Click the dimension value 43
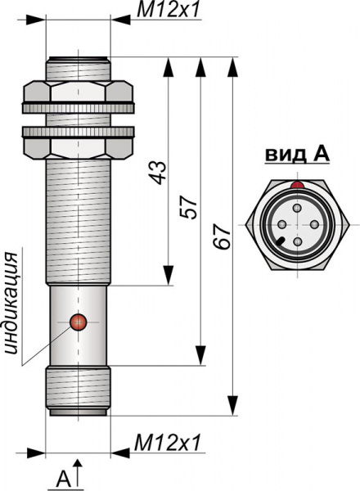pyautogui.click(x=158, y=172)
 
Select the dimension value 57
pyautogui.click(x=189, y=207)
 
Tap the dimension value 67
pyautogui.click(x=222, y=236)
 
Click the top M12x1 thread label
pyautogui.click(x=168, y=11)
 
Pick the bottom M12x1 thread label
pyautogui.click(x=167, y=443)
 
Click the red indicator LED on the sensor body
pyautogui.click(x=79, y=322)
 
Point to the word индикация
pyautogui.click(x=13, y=304)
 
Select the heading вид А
pyautogui.click(x=297, y=155)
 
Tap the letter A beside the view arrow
pyautogui.click(x=64, y=478)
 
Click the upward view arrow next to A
pyautogui.click(x=78, y=474)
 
